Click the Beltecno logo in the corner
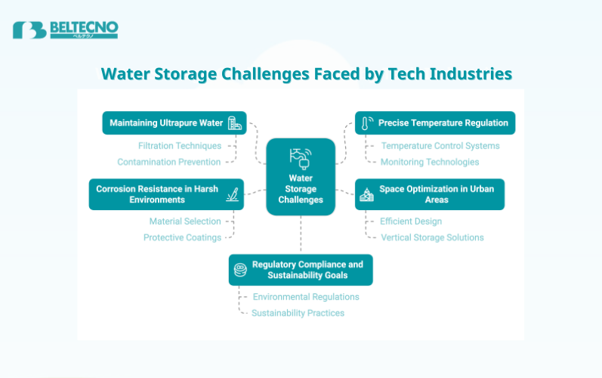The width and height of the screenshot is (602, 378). pyautogui.click(x=65, y=29)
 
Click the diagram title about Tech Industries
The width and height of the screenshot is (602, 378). pyautogui.click(x=307, y=73)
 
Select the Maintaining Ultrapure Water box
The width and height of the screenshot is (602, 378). pyautogui.click(x=174, y=122)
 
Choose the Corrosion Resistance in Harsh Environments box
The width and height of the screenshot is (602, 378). pyautogui.click(x=166, y=194)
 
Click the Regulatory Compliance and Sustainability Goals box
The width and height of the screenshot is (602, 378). pyautogui.click(x=301, y=270)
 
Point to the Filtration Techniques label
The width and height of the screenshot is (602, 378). pyautogui.click(x=180, y=145)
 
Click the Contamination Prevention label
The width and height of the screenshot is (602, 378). pyautogui.click(x=169, y=162)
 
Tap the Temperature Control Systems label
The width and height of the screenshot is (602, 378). pyautogui.click(x=440, y=145)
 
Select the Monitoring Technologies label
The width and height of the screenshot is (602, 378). pyautogui.click(x=430, y=162)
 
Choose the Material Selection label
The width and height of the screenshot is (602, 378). pyautogui.click(x=185, y=222)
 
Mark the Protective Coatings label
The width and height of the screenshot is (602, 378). pyautogui.click(x=182, y=237)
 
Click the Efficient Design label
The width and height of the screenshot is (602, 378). pyautogui.click(x=411, y=222)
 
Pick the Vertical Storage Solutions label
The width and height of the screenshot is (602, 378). pyautogui.click(x=432, y=237)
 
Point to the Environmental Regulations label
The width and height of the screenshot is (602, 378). pyautogui.click(x=306, y=296)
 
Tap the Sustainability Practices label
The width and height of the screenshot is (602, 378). pyautogui.click(x=298, y=313)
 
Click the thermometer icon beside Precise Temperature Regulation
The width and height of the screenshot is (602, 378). pyautogui.click(x=366, y=122)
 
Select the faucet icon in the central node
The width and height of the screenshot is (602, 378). pyautogui.click(x=301, y=157)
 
